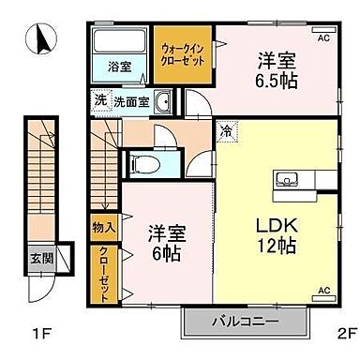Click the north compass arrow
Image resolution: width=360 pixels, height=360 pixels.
[x=42, y=40]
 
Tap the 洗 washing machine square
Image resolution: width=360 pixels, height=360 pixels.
[x=99, y=99]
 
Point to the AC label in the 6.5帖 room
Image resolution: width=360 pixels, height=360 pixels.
[x=323, y=38]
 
